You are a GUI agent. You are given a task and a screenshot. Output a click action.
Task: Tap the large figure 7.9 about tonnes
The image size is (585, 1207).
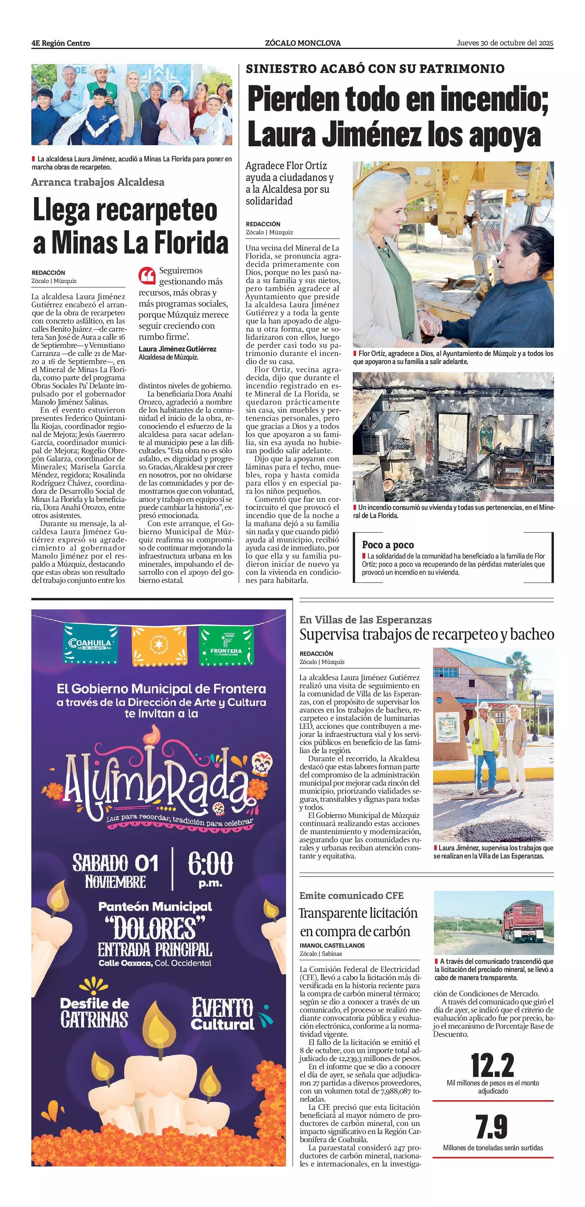(x=492, y=1127)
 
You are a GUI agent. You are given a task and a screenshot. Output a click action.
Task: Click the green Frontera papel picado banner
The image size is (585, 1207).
(x=226, y=646)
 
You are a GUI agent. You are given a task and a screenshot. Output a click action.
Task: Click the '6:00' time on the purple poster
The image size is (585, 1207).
(x=210, y=863)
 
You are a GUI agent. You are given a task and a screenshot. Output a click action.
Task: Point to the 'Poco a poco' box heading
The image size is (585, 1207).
(x=388, y=545)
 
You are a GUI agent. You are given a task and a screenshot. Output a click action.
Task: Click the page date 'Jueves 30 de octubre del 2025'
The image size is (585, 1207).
(x=505, y=43)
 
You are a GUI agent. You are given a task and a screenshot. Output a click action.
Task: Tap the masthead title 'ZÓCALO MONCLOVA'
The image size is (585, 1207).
(x=303, y=43)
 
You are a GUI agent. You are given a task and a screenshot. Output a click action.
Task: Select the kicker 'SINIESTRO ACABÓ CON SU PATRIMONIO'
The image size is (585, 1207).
(x=375, y=69)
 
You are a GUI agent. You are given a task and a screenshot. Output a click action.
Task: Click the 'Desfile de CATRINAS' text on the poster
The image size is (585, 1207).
(x=94, y=1012)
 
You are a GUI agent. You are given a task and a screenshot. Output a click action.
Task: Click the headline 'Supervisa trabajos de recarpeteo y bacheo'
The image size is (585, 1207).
(x=426, y=634)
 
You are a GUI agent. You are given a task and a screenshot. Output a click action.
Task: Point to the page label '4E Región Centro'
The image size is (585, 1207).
(x=61, y=43)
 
